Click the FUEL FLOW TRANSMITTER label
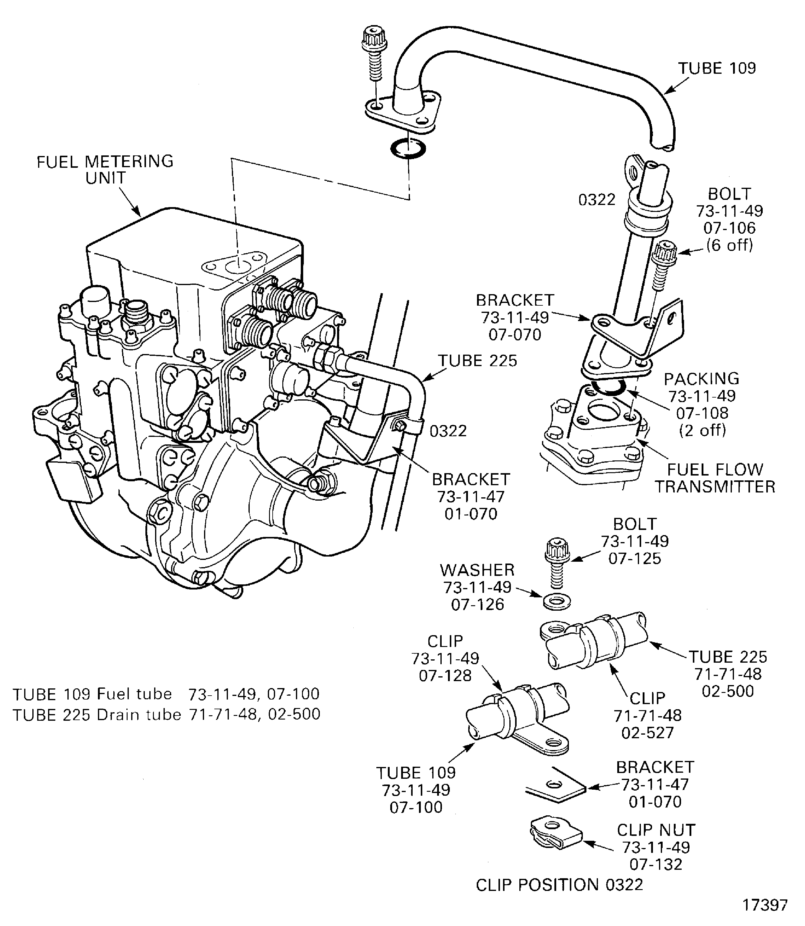(715, 478)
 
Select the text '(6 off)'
(729, 245)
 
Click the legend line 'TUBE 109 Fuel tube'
(166, 694)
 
